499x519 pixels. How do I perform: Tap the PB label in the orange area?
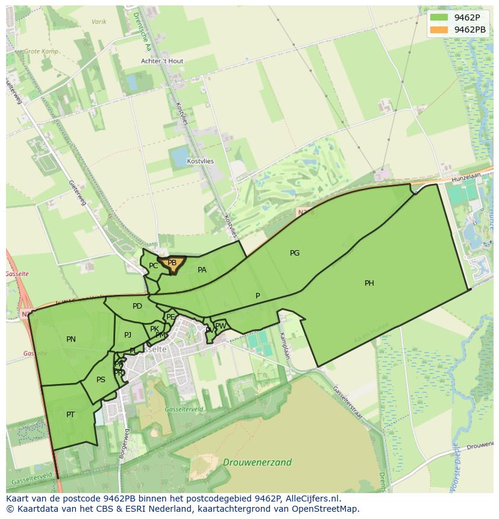[172, 263]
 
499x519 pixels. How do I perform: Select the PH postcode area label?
[369, 283]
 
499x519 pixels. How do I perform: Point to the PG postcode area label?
[294, 253]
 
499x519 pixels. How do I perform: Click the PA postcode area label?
[202, 270]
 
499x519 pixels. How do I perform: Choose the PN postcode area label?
[71, 339]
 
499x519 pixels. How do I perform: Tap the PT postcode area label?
[71, 415]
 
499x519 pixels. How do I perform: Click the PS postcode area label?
[101, 380]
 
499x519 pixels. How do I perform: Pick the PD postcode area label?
[137, 306]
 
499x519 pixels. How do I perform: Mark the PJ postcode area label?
[128, 335]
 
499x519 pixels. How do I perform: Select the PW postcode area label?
[221, 326]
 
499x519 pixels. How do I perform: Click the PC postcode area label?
[153, 266]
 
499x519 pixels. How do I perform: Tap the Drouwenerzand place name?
[257, 463]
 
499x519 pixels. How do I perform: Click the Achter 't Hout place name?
[162, 61]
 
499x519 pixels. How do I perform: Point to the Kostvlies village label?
[200, 162]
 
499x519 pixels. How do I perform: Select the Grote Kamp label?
[41, 52]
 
